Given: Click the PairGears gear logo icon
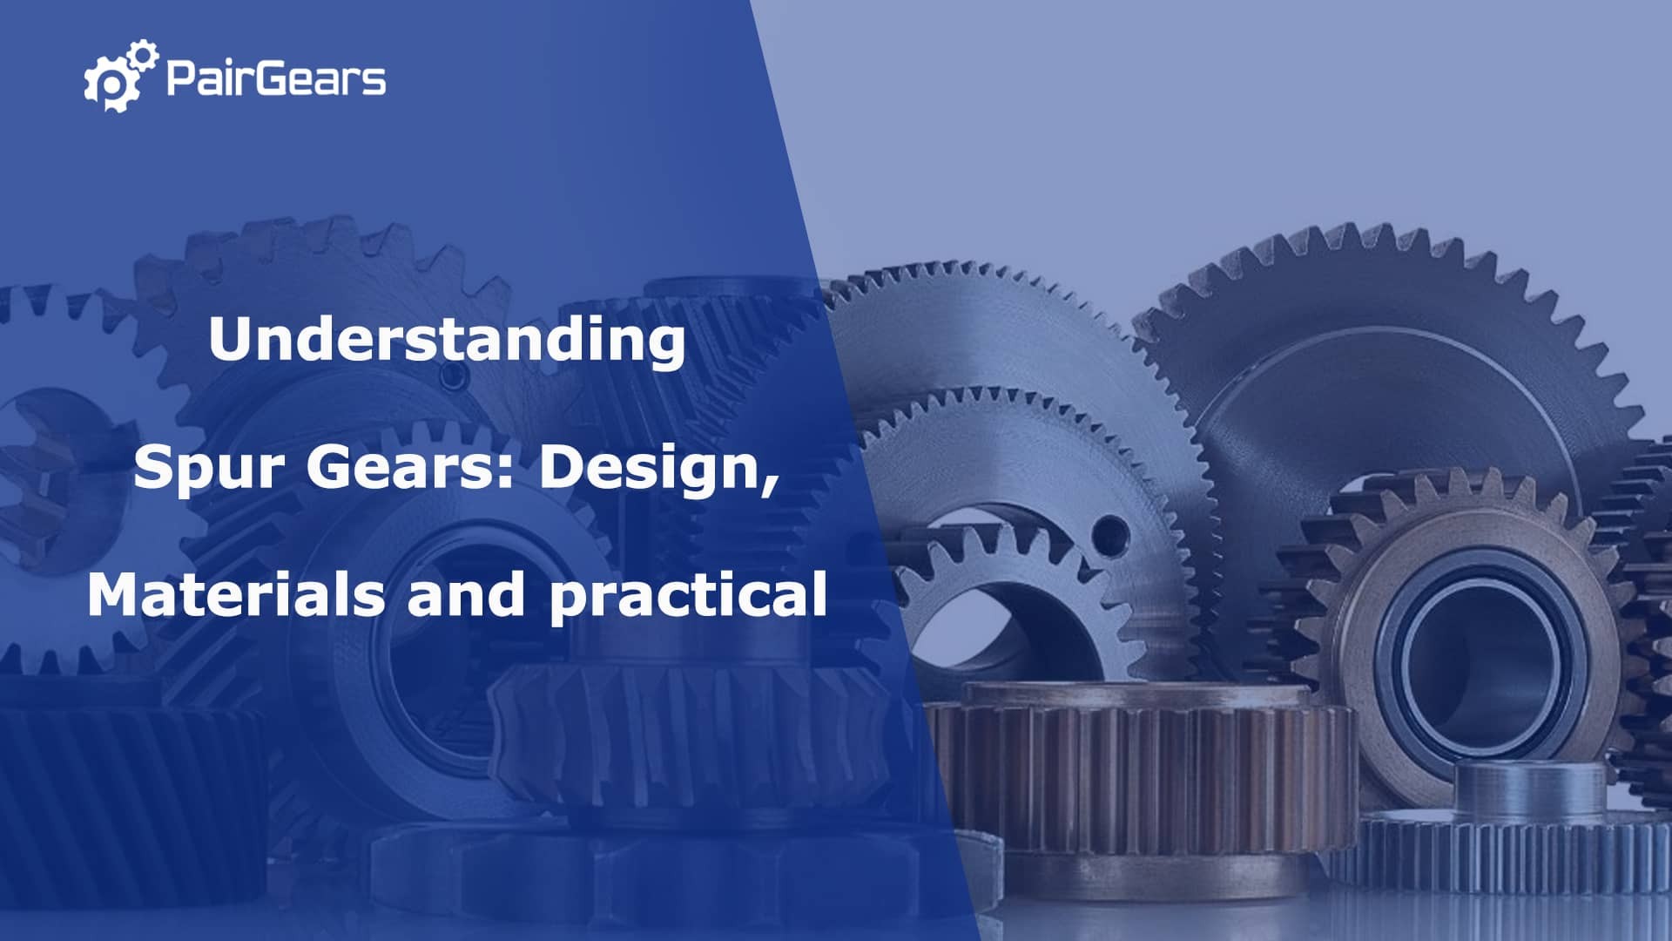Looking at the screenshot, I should coord(121,76).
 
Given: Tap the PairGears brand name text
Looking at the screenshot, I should coord(275,78).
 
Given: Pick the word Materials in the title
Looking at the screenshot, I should coord(235,595).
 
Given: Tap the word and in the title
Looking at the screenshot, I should coord(466,595).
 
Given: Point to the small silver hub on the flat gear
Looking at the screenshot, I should coord(1530,789).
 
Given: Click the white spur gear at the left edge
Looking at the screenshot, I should coord(52,488).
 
